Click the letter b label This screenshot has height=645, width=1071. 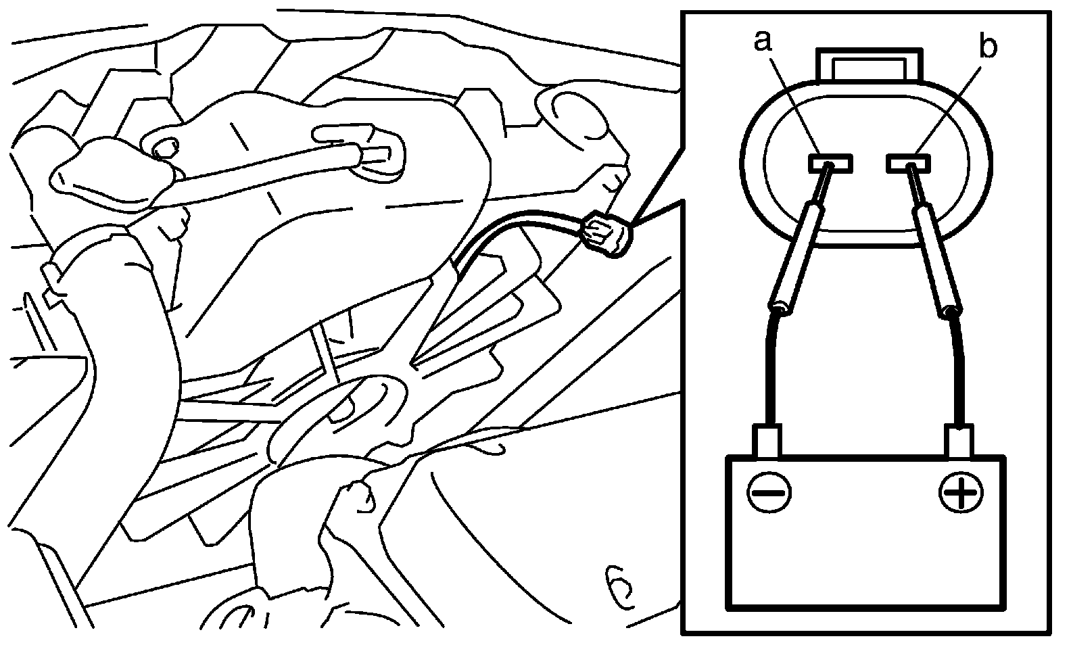(988, 47)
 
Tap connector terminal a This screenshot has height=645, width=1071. (830, 163)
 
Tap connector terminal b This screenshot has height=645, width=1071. (910, 163)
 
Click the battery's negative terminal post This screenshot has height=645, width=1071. (767, 441)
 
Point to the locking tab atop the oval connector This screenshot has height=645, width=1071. (869, 66)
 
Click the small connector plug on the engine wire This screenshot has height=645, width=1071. (607, 233)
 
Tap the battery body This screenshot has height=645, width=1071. (865, 541)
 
